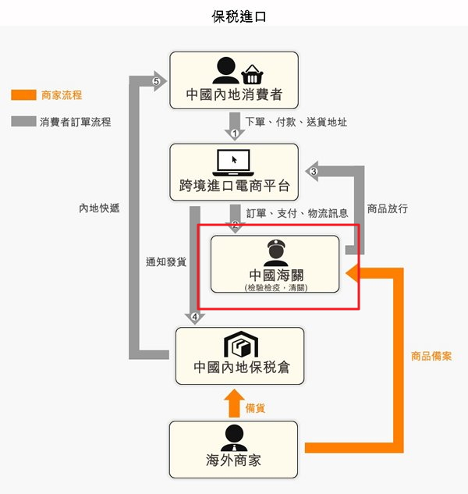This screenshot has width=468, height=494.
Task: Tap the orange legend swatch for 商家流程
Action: point(23,95)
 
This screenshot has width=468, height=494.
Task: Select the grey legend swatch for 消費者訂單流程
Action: point(23,122)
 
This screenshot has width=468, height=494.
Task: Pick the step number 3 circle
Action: point(314,171)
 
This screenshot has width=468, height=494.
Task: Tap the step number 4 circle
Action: point(195,317)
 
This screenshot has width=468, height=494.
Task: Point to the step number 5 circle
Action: point(157,81)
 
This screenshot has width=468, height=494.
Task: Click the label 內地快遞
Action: point(98,208)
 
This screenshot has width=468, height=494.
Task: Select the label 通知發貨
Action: point(165,262)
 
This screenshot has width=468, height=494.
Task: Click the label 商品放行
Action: point(387,209)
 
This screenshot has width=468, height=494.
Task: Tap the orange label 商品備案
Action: point(431,356)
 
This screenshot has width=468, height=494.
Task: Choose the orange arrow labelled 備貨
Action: point(233,403)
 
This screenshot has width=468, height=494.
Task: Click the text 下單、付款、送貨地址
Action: point(296,122)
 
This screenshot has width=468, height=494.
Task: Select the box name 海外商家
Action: point(234,460)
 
